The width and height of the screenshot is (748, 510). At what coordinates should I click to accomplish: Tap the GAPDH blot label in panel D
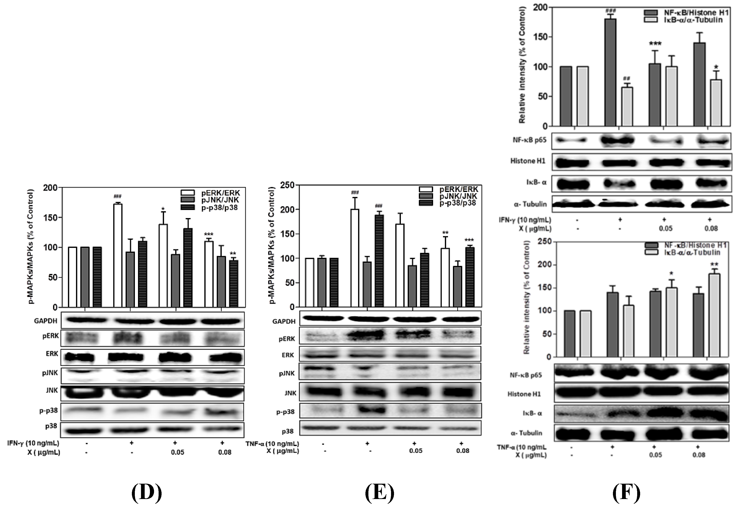tap(45, 321)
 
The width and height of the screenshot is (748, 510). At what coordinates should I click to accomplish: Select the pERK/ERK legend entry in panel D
tap(210, 193)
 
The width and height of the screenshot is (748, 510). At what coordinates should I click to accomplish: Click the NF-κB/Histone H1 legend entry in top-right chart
tap(686, 13)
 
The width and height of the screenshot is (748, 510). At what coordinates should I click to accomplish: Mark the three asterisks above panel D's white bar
tap(209, 234)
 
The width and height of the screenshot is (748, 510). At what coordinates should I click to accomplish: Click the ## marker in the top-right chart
tap(626, 78)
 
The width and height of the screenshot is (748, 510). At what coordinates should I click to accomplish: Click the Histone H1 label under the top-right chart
tap(528, 161)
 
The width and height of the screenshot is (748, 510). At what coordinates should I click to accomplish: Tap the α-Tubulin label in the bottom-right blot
tap(526, 433)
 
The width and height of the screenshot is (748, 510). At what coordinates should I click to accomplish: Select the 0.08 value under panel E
tap(463, 451)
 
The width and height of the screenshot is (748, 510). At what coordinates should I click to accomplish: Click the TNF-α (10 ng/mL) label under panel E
tap(272, 444)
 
